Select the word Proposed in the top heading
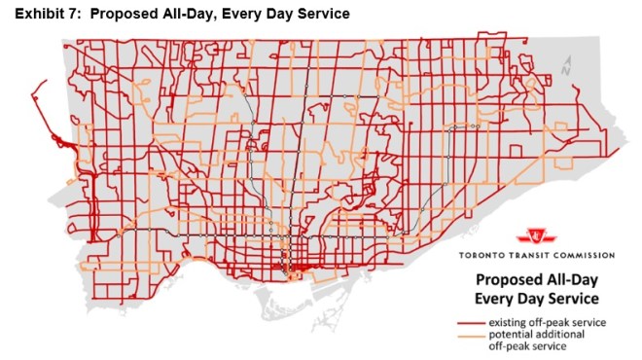point(123,14)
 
